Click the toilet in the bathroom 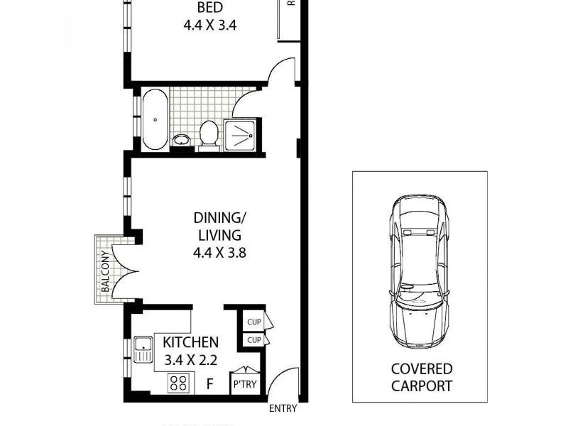(208, 133)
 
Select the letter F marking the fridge (209, 385)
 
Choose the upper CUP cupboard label (253, 322)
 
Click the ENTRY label (283, 408)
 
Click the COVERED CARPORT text (422, 378)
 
